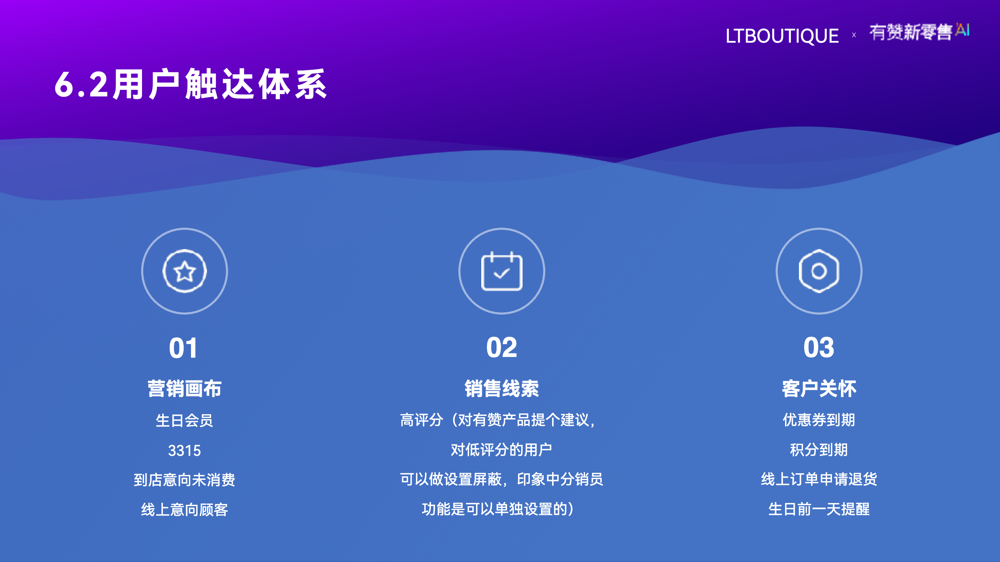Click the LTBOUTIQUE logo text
(782, 36)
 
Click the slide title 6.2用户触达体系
(191, 84)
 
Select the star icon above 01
(184, 271)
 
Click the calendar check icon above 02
(501, 271)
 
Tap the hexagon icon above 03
(819, 271)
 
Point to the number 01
(183, 348)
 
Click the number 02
(501, 348)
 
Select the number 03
(819, 348)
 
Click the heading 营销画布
(184, 389)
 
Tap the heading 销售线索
(501, 389)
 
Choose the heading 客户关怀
(819, 389)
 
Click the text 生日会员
(184, 420)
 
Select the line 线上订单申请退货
(819, 479)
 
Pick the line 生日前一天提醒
(819, 509)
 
